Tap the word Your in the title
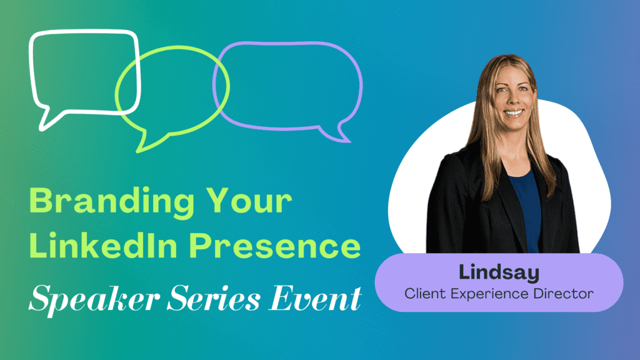coord(249,201)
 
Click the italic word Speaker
coord(94,300)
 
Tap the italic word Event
coord(315,298)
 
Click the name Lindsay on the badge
coord(499,273)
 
